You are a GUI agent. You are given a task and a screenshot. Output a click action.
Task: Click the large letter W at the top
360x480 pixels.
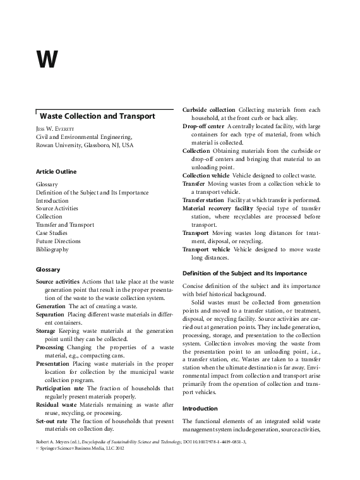47,60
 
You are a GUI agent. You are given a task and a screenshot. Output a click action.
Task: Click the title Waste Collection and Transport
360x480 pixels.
97,116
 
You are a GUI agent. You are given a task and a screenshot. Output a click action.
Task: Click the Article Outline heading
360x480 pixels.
56,172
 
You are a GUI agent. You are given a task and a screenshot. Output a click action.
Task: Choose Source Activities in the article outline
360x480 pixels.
57,208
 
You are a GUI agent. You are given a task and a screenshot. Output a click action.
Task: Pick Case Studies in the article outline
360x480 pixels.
53,232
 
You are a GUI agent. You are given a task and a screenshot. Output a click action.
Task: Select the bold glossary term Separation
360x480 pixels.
51,314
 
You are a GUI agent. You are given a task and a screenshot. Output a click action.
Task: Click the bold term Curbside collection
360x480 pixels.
208,110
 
